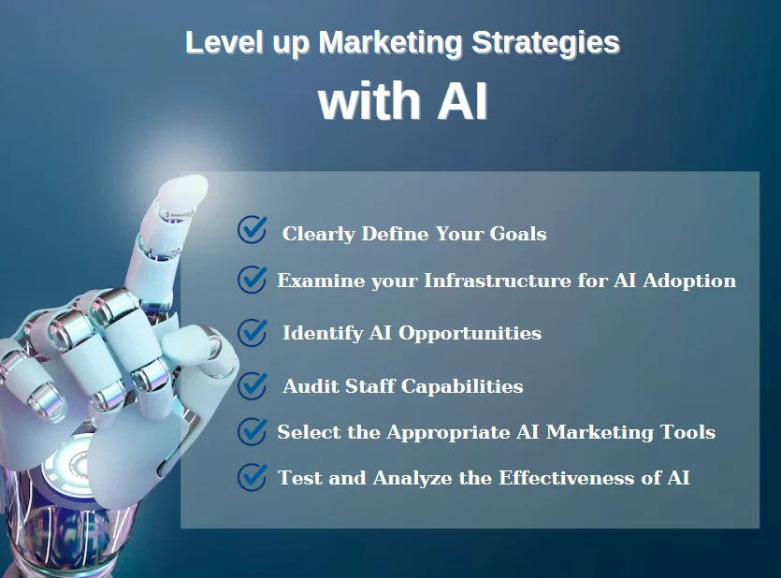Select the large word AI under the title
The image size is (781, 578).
click(x=461, y=102)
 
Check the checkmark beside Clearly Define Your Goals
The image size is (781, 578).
click(x=252, y=230)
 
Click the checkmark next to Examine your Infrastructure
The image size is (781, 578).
click(x=252, y=279)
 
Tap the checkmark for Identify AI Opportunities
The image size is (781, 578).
click(x=252, y=332)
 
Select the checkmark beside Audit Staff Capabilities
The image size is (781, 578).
click(x=252, y=384)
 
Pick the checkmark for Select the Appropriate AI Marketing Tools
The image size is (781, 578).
click(x=252, y=431)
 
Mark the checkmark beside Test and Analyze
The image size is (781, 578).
click(x=252, y=477)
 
